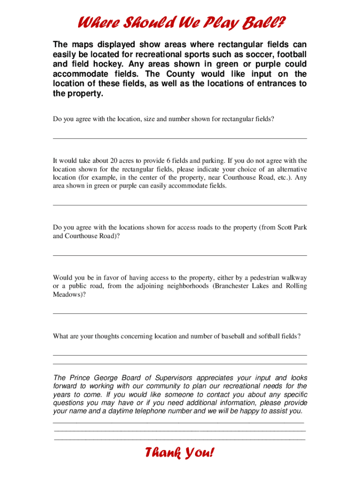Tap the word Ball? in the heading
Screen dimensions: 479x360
pos(267,22)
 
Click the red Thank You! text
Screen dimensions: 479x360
pos(180,453)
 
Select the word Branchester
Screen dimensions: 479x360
pos(234,286)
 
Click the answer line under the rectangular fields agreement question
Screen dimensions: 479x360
pos(180,138)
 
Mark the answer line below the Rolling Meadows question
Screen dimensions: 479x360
pos(180,313)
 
